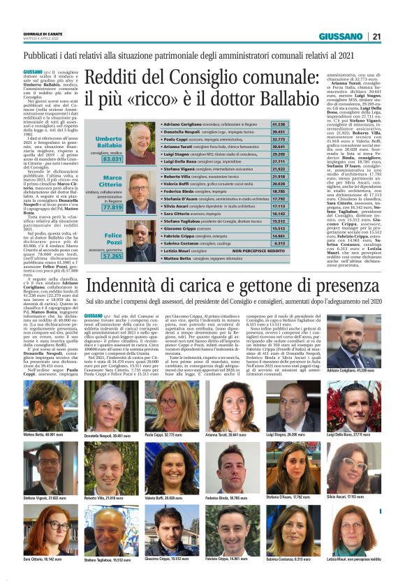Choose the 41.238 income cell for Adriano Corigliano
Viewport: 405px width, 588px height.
[x=259, y=124]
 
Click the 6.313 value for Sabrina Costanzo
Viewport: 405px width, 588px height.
[x=259, y=242]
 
